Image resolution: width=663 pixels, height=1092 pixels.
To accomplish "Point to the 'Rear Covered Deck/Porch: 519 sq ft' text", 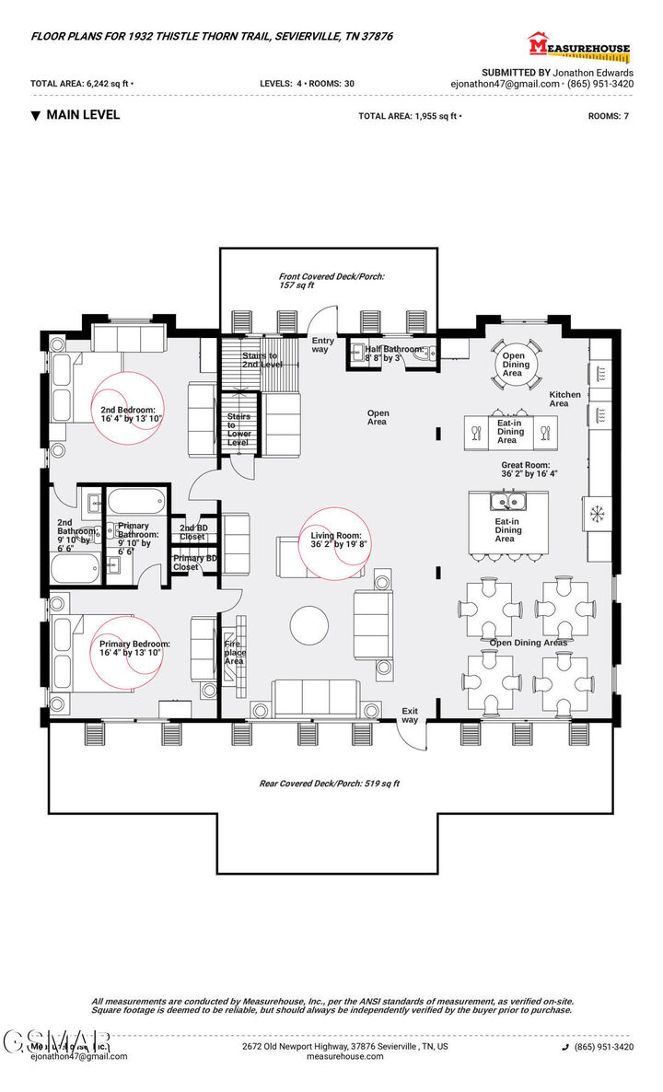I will point(329,784).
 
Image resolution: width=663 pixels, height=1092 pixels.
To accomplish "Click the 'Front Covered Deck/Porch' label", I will point(331,280).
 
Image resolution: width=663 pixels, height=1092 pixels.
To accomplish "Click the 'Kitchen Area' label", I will point(564,399).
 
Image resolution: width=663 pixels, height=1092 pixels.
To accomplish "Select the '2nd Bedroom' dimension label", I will point(131,413).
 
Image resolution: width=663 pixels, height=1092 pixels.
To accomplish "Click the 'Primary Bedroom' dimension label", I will point(134,647).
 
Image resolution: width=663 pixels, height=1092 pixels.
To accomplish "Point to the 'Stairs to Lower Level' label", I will point(238,430).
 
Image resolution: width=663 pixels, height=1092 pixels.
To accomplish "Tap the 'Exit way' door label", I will point(410,714).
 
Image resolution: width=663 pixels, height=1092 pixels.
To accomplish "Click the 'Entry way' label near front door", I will point(321,344).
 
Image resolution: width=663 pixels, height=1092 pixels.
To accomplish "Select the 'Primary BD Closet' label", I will point(194,563).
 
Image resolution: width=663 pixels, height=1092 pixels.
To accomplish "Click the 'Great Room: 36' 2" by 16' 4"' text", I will point(529,470).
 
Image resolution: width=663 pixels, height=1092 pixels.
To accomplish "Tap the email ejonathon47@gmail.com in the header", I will point(505,83).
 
